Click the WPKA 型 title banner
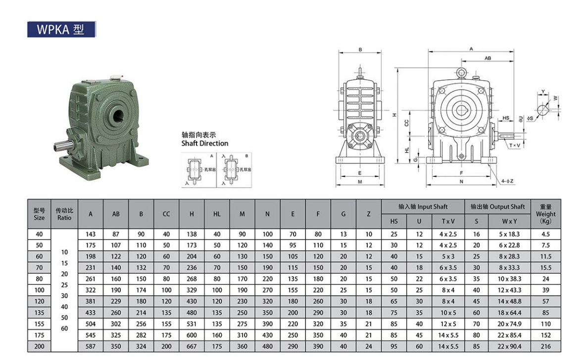tap(61, 29)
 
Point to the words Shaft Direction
tap(205, 144)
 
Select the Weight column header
tap(545, 214)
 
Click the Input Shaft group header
tap(423, 207)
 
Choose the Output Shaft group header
tap(497, 207)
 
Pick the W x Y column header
tap(509, 221)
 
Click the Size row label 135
tap(39, 313)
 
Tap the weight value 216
tap(545, 347)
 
